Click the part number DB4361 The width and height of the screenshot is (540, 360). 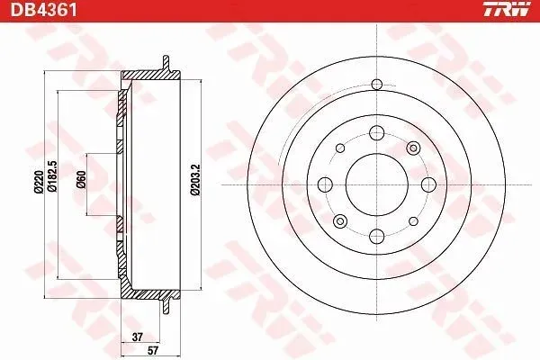click(x=43, y=10)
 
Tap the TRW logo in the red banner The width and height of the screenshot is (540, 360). click(x=507, y=9)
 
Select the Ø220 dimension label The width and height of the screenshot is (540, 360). click(x=39, y=182)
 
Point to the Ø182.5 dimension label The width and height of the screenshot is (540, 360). click(x=52, y=176)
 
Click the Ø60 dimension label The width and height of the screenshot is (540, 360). click(x=81, y=179)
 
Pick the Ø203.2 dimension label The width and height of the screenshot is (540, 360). click(x=195, y=180)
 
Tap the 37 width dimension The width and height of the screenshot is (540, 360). click(x=138, y=337)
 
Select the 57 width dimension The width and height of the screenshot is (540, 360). click(x=153, y=351)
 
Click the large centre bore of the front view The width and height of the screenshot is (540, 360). click(x=377, y=184)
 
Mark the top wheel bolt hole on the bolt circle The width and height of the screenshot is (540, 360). click(x=377, y=133)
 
